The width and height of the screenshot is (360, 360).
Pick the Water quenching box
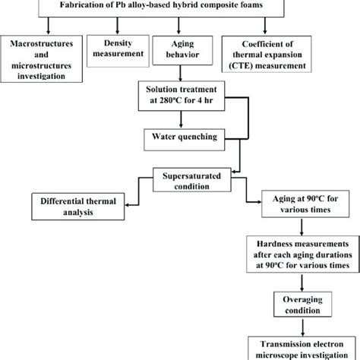click(181, 138)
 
